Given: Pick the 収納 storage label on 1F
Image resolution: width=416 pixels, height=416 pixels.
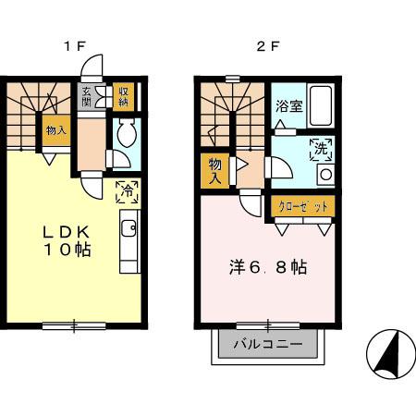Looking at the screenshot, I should [123, 95].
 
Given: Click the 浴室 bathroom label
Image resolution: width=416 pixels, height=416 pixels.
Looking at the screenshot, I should [288, 105].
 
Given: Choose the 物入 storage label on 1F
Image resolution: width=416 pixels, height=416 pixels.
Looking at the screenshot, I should [55, 130].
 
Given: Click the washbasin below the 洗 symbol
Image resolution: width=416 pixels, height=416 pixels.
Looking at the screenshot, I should [324, 174].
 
